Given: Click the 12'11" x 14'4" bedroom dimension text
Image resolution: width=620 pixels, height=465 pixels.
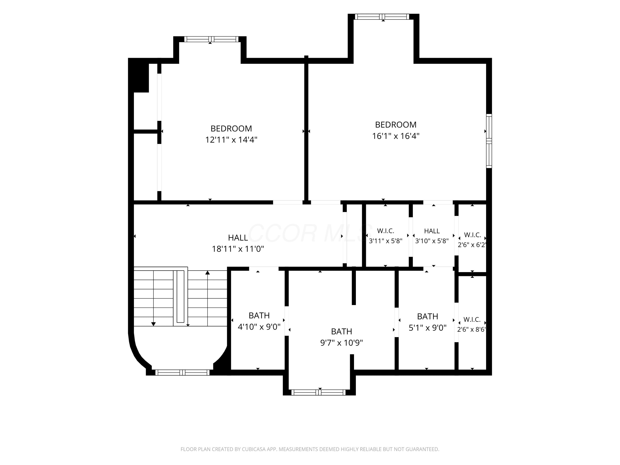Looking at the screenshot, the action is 231,139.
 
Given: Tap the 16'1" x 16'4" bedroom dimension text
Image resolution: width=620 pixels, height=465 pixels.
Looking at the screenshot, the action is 396,136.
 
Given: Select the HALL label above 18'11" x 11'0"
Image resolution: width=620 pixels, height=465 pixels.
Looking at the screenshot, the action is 238,238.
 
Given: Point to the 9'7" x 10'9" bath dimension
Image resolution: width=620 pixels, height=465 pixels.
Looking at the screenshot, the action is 341,342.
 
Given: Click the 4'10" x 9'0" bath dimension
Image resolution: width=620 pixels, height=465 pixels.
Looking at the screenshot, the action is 259,327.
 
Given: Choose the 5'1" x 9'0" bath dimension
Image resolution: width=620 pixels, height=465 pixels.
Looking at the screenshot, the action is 427,328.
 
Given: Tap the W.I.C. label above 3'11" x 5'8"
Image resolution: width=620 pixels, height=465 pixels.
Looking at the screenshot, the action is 385,231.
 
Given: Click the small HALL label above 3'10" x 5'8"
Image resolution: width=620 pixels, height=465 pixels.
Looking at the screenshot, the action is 432,231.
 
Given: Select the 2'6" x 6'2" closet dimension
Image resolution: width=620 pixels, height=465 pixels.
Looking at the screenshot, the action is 472,245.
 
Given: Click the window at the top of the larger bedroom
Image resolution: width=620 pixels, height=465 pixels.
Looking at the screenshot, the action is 382,17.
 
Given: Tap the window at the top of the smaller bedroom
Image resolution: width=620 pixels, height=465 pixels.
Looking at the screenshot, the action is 211,39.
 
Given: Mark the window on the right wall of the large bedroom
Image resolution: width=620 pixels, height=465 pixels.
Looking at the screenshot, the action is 489,141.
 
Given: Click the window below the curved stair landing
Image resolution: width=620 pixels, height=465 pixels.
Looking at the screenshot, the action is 182,372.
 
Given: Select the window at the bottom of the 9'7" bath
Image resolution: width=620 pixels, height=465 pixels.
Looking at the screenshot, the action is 318,392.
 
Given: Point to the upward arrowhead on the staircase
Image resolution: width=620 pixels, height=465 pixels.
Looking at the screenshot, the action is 207,272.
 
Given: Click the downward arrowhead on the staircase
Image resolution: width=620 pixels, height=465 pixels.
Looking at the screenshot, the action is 153,324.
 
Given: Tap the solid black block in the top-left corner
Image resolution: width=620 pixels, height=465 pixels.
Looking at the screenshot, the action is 138,75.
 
